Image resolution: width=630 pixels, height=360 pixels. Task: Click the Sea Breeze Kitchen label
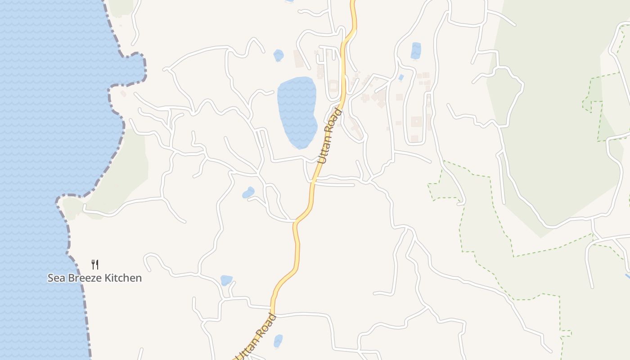coord(94,278)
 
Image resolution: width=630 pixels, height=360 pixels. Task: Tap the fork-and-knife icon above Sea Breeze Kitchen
coord(94,264)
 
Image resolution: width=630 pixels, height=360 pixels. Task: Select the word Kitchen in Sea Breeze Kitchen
coord(123,278)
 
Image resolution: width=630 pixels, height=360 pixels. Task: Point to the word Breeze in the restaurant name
coord(85,278)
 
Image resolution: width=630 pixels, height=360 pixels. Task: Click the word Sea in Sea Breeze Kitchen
coord(56,278)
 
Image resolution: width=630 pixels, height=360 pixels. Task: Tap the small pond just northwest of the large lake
coord(279,55)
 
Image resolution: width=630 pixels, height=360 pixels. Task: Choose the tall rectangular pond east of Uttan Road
coord(416,50)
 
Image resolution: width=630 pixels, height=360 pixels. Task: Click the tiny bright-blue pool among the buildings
coord(400,77)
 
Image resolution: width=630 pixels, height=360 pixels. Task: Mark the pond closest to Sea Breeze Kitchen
coord(226,280)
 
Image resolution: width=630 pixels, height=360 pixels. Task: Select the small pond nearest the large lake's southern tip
coord(248,193)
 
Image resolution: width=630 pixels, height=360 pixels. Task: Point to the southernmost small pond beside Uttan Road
coord(278,341)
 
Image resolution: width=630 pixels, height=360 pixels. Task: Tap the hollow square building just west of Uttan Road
coord(333,85)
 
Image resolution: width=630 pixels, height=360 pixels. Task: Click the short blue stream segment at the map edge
coord(627,275)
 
